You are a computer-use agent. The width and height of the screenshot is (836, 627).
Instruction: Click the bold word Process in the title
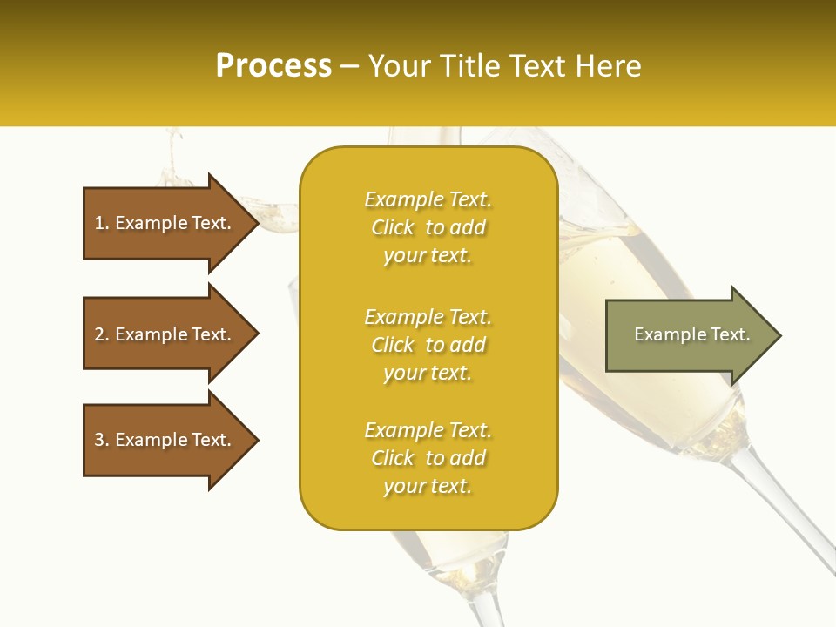tap(273, 66)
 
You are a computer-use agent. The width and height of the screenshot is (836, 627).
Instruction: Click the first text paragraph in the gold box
tap(428, 227)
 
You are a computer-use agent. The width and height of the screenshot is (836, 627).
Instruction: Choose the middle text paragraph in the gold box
tap(428, 345)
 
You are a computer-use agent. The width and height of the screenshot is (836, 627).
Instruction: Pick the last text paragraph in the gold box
tap(428, 458)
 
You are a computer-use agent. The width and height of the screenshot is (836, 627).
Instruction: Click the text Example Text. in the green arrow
tap(691, 334)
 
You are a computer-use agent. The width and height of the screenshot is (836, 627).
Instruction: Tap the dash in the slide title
tap(349, 66)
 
